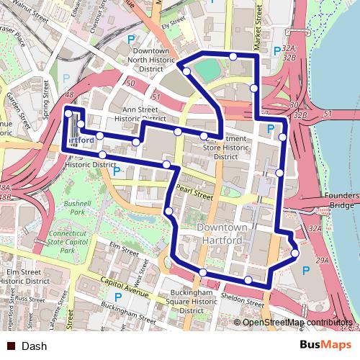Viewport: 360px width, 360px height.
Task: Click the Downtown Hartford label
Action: (222, 233)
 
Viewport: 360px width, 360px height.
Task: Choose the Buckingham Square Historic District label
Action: (192, 302)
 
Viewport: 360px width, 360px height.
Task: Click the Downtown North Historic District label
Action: (150, 60)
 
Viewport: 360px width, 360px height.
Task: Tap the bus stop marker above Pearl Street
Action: (167, 165)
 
